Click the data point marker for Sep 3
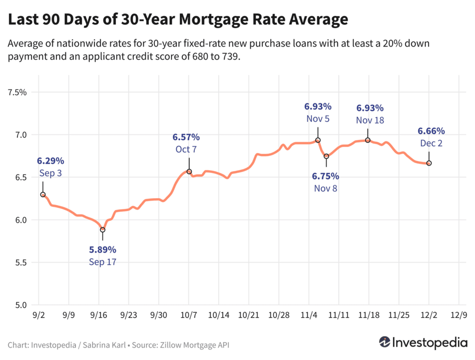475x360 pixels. (43, 195)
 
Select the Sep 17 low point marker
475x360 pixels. (103, 230)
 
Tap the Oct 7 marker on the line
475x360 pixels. (189, 172)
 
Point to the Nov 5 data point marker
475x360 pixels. (318, 140)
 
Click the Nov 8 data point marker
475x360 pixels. (326, 156)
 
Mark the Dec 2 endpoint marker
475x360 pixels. (429, 163)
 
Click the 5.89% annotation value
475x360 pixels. (103, 250)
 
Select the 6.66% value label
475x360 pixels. (431, 131)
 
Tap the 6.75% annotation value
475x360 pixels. (325, 176)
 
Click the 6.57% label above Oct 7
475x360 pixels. (186, 137)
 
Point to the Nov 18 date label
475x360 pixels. (370, 120)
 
